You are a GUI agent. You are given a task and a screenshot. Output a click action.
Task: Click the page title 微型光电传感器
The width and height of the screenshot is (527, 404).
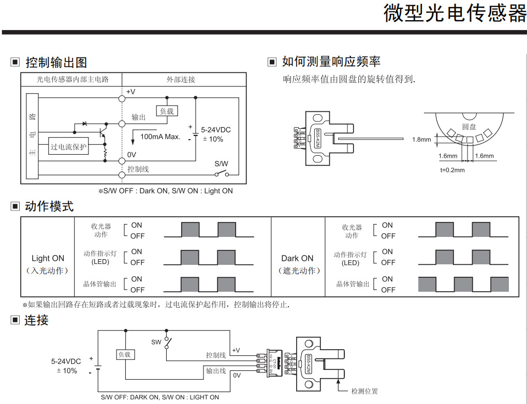[455, 14]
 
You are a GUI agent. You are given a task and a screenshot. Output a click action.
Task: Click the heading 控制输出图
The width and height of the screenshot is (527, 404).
[56, 63]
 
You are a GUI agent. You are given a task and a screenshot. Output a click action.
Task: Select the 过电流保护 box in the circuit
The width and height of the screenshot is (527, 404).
[68, 147]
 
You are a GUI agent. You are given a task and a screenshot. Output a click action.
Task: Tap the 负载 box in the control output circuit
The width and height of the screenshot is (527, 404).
[166, 111]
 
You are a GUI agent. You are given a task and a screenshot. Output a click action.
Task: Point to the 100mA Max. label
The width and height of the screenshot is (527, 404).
[160, 137]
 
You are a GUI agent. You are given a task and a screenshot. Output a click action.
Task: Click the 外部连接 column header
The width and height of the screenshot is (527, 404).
[181, 80]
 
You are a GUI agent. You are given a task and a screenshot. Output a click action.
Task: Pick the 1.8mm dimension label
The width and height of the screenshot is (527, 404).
[421, 140]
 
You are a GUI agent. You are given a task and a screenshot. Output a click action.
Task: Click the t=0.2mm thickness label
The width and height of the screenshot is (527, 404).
[452, 170]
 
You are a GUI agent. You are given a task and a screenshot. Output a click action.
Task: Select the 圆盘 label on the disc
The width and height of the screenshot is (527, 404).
[469, 127]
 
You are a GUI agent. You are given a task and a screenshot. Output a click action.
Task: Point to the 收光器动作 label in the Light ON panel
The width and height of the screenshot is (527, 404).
[101, 231]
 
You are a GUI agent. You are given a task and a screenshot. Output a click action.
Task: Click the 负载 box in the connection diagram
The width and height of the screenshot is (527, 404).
[125, 354]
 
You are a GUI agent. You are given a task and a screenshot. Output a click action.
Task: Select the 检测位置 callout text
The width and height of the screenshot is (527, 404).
[364, 391]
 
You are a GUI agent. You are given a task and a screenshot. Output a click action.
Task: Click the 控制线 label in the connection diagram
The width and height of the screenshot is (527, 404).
[216, 355]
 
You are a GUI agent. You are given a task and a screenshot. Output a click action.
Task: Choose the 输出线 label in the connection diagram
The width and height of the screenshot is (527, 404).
[216, 371]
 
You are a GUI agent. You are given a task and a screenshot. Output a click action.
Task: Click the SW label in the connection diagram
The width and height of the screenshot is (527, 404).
[156, 342]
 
